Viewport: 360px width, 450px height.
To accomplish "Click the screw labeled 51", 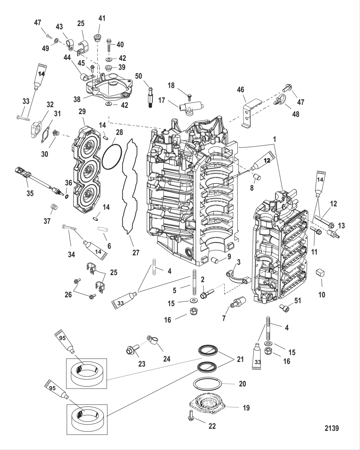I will [284, 308].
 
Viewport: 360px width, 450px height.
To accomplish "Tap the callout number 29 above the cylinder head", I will [82, 112].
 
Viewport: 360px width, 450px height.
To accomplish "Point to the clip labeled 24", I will [153, 340].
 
